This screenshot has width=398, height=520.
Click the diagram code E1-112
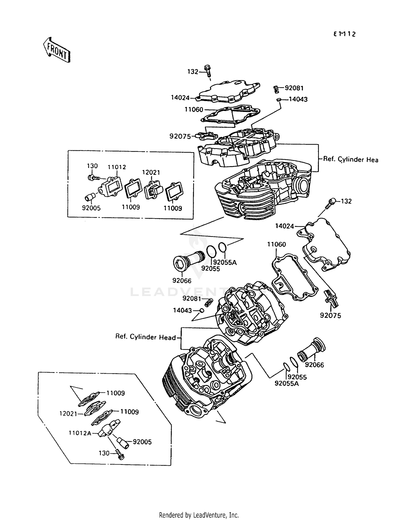(x=344, y=34)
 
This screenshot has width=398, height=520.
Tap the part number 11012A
(x=80, y=433)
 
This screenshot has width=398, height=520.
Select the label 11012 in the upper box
(x=116, y=167)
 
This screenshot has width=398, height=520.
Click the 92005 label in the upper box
(x=91, y=208)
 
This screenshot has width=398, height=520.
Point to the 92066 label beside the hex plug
(x=182, y=281)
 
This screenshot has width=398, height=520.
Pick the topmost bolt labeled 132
(x=207, y=70)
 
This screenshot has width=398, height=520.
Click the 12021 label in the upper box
(x=151, y=173)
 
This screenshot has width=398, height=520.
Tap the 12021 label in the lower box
(x=68, y=413)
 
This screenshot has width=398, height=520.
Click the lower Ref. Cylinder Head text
(x=145, y=337)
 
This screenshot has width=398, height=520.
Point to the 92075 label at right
(x=330, y=316)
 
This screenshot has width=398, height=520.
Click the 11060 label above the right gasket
(x=276, y=244)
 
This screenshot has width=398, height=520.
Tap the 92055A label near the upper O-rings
(x=225, y=262)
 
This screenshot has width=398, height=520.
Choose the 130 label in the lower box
(x=104, y=453)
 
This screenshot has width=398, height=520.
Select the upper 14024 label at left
(x=180, y=98)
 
